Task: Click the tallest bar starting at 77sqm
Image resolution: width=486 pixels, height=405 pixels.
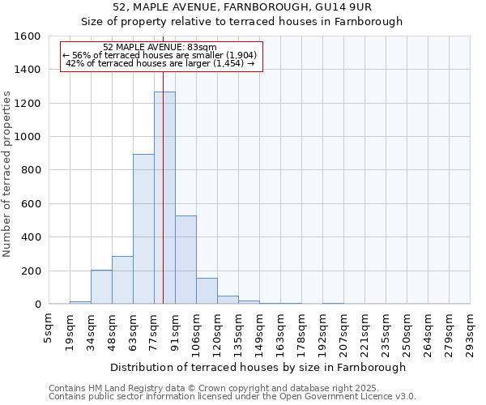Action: [164, 198]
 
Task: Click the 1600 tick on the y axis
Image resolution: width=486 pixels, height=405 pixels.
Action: [29, 36]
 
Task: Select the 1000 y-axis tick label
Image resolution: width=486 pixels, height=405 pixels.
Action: [29, 137]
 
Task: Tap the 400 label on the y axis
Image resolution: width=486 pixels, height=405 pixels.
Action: [32, 237]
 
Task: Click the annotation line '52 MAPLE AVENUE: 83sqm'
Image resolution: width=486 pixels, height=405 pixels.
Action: [160, 48]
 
